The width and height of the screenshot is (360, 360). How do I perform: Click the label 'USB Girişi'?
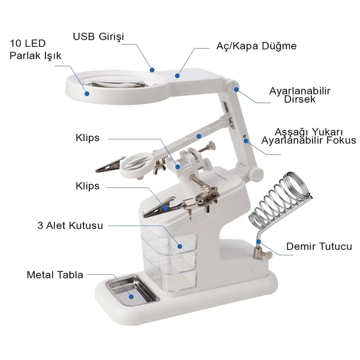99,36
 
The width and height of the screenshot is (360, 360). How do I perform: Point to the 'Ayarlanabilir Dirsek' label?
300,95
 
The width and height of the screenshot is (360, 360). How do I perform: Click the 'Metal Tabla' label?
55,275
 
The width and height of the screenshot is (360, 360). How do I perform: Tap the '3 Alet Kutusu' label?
71,226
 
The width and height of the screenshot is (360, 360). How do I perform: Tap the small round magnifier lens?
138,164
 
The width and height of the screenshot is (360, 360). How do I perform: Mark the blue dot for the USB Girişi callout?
151,69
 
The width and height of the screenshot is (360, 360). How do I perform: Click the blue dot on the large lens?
87,94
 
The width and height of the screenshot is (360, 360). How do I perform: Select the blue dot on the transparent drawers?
179,246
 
